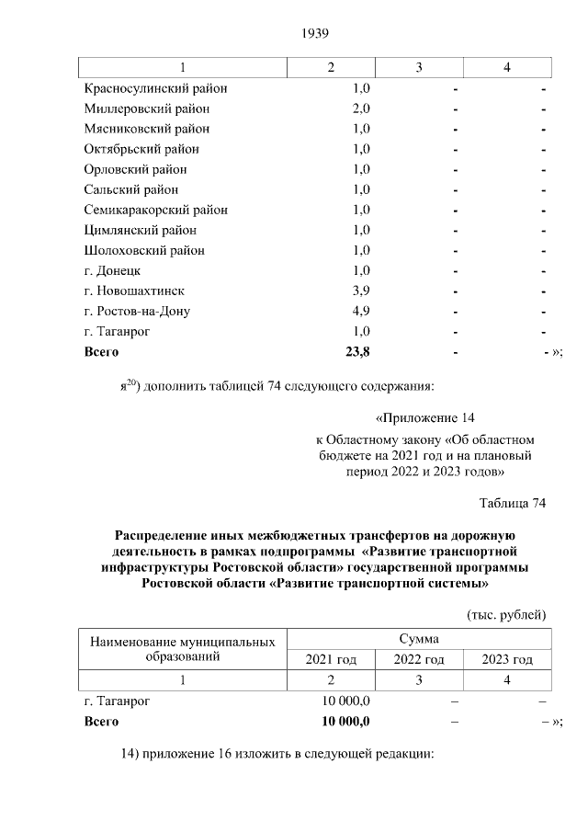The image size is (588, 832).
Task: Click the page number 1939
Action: [314, 34]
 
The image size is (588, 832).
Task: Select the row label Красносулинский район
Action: [155, 88]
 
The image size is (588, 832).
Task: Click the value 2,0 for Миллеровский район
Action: [361, 108]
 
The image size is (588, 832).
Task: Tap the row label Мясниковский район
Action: [146, 129]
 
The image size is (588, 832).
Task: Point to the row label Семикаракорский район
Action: [155, 210]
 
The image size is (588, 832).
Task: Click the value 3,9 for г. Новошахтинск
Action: [361, 291]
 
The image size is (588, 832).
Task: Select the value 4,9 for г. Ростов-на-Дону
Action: [361, 311]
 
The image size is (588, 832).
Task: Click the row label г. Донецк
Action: [111, 270]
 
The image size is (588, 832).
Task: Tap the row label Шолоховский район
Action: [143, 250]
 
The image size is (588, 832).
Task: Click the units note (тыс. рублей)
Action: [507, 613]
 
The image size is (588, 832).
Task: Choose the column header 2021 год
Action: [330, 660]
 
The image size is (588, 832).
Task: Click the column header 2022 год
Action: [418, 660]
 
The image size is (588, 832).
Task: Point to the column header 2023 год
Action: [507, 660]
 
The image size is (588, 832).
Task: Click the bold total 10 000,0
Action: [345, 721]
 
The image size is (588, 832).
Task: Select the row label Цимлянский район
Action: [140, 230]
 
